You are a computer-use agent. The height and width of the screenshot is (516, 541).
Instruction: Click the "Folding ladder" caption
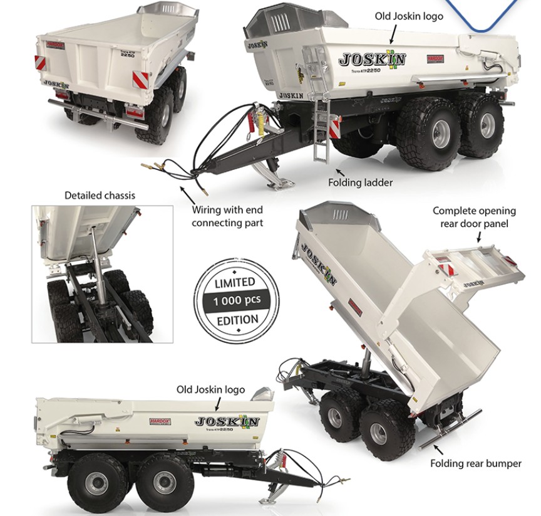tap(360, 182)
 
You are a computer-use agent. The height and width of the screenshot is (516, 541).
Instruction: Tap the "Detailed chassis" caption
tap(100, 195)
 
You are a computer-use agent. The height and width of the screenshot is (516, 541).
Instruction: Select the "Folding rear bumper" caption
tap(475, 463)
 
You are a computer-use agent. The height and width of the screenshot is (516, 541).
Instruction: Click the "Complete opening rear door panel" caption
tap(474, 217)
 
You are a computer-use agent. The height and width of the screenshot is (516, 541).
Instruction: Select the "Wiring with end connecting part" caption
tap(227, 216)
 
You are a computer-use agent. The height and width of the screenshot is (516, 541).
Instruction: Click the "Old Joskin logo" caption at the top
tap(408, 16)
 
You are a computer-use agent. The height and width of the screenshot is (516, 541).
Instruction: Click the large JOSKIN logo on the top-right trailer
tap(372, 60)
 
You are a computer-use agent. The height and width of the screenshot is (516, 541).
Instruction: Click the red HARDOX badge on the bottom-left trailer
tap(160, 421)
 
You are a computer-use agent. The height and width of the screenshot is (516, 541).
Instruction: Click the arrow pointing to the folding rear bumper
tap(438, 448)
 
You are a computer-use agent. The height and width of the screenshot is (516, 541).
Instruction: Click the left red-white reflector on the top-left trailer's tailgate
tap(39, 62)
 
